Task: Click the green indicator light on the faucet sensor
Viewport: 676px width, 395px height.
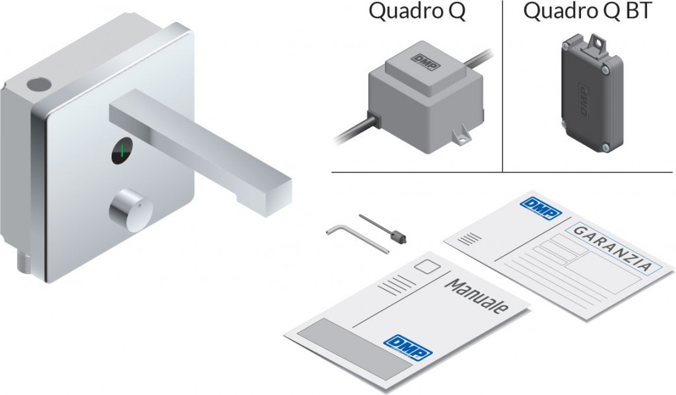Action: pos(122,151)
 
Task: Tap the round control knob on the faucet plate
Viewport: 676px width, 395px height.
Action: pos(131,210)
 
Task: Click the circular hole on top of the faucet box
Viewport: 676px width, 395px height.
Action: pos(39,84)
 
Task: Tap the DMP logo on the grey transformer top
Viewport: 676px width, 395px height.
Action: pos(426,61)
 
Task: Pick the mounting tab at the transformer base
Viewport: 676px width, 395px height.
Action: pos(460,135)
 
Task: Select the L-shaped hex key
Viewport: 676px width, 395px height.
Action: pos(357,239)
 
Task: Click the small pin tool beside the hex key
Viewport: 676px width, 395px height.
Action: pos(382,228)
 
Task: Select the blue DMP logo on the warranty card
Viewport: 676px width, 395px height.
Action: pos(541,209)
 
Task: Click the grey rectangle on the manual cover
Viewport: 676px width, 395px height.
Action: pos(356,349)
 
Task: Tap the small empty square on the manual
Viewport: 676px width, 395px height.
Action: pos(427,266)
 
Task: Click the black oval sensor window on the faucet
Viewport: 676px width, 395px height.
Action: pos(122,151)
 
